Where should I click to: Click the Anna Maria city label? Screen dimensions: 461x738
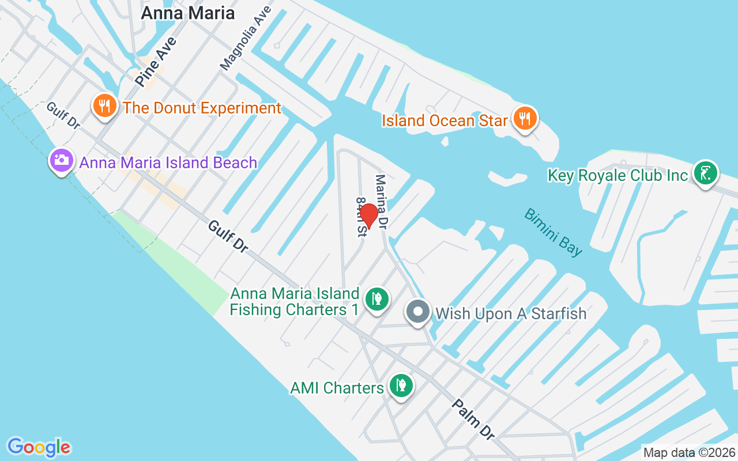[x=187, y=13]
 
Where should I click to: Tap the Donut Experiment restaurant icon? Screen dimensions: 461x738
[x=104, y=106]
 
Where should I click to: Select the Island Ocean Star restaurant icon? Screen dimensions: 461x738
[x=525, y=119]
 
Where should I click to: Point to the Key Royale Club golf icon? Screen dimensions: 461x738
[x=705, y=173]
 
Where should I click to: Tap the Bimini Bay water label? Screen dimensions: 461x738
[x=553, y=232]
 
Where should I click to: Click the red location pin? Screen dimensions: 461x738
[x=368, y=216]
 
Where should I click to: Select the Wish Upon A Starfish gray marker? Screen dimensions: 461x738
[x=418, y=312]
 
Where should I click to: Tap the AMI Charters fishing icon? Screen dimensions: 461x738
[x=401, y=386]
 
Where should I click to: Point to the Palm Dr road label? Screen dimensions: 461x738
[x=472, y=419]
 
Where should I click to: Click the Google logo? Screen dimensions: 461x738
[x=39, y=447]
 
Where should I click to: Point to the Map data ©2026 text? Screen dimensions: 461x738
[x=689, y=452]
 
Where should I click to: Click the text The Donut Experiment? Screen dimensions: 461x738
[x=202, y=108]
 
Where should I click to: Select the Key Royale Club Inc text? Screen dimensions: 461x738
[x=618, y=175]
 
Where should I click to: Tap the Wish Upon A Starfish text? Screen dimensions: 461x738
[x=511, y=313]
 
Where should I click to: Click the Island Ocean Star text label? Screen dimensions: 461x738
[x=445, y=120]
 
